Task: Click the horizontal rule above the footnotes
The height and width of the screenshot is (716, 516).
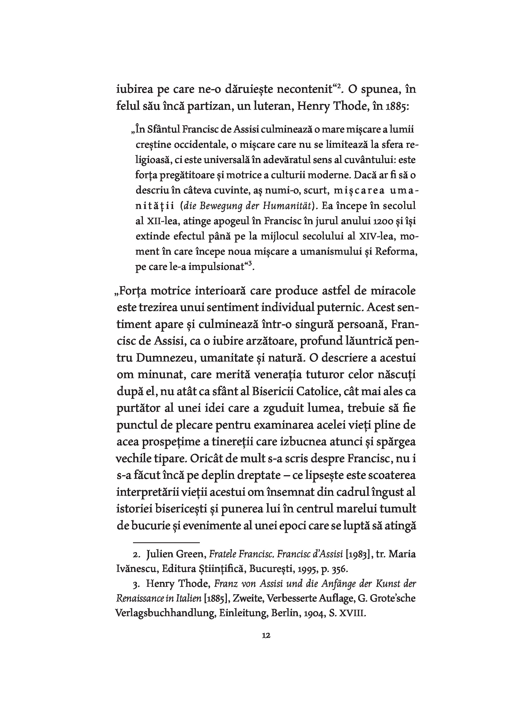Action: point(167,542)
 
